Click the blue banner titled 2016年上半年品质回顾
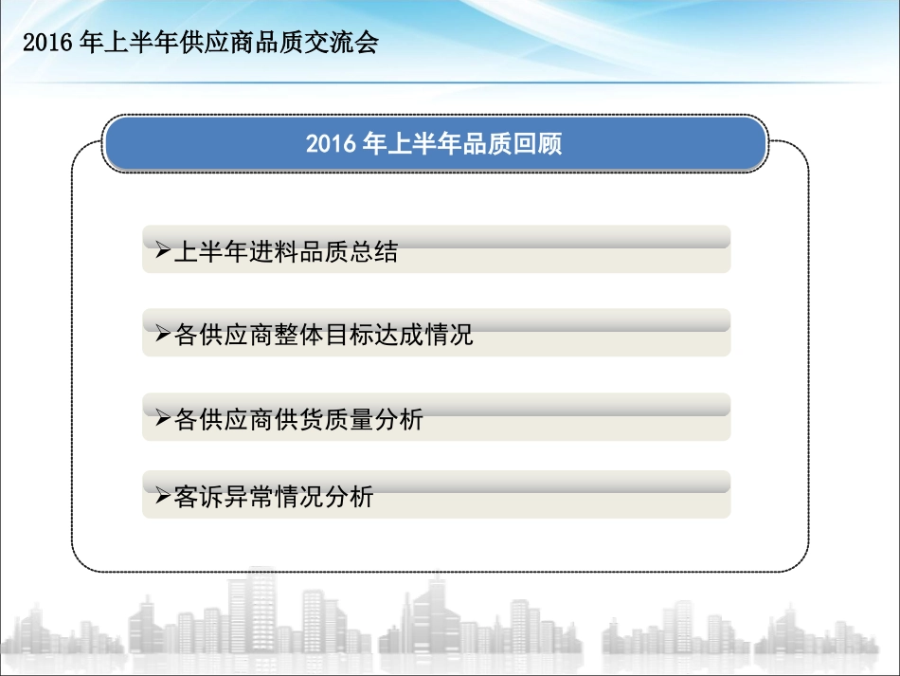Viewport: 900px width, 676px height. (434, 144)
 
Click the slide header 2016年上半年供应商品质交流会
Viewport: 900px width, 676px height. (200, 43)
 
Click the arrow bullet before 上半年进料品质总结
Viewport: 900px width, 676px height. (162, 252)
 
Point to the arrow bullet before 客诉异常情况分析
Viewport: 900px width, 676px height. (162, 496)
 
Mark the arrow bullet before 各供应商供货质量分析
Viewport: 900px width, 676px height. (162, 419)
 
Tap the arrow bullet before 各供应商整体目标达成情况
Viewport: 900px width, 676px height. (162, 336)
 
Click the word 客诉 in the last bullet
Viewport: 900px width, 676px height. (200, 496)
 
